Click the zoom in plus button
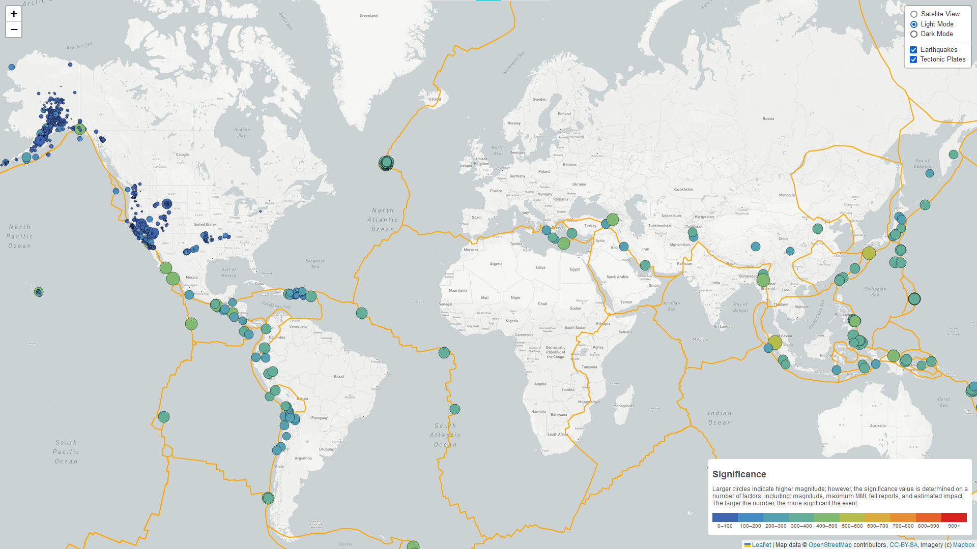[x=14, y=14]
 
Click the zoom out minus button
[x=14, y=29]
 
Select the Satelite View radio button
[x=914, y=14]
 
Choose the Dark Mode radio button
[x=914, y=34]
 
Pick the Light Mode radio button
[x=914, y=24]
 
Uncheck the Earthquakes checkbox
[x=913, y=50]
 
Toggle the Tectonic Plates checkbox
[x=913, y=59]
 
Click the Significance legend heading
[x=739, y=474]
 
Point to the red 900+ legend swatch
[x=954, y=517]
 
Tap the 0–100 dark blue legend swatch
[x=725, y=517]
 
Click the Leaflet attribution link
[x=761, y=545]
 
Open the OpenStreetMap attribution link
[x=830, y=545]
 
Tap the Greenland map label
[x=368, y=16]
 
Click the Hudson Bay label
[x=242, y=133]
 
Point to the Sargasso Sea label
[x=315, y=263]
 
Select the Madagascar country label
[x=623, y=406]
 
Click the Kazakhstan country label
[x=683, y=189]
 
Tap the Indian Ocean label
[x=720, y=418]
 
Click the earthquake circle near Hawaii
[x=39, y=292]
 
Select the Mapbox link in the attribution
[x=963, y=545]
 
